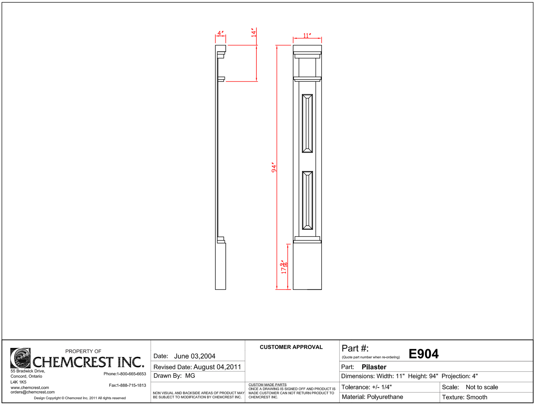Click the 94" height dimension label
point(274,167)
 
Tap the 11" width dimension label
point(307,35)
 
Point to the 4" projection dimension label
point(220,33)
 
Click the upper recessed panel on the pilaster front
point(307,123)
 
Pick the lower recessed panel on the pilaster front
point(307,200)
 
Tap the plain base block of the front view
point(307,266)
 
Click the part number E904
point(423,354)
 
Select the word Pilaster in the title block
point(374,367)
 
